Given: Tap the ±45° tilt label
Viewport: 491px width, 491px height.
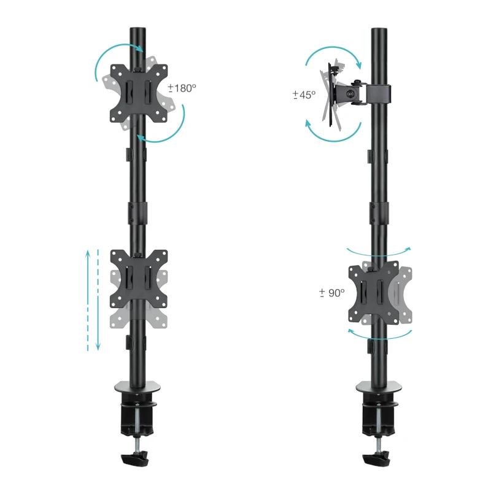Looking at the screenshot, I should [304, 95].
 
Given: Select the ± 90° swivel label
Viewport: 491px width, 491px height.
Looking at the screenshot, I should [332, 293].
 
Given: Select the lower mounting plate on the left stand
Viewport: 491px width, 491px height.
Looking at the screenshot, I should [139, 278].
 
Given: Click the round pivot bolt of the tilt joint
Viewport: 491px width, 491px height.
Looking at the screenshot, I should [351, 94].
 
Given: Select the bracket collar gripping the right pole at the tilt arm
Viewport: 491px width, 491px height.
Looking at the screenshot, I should [378, 93].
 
